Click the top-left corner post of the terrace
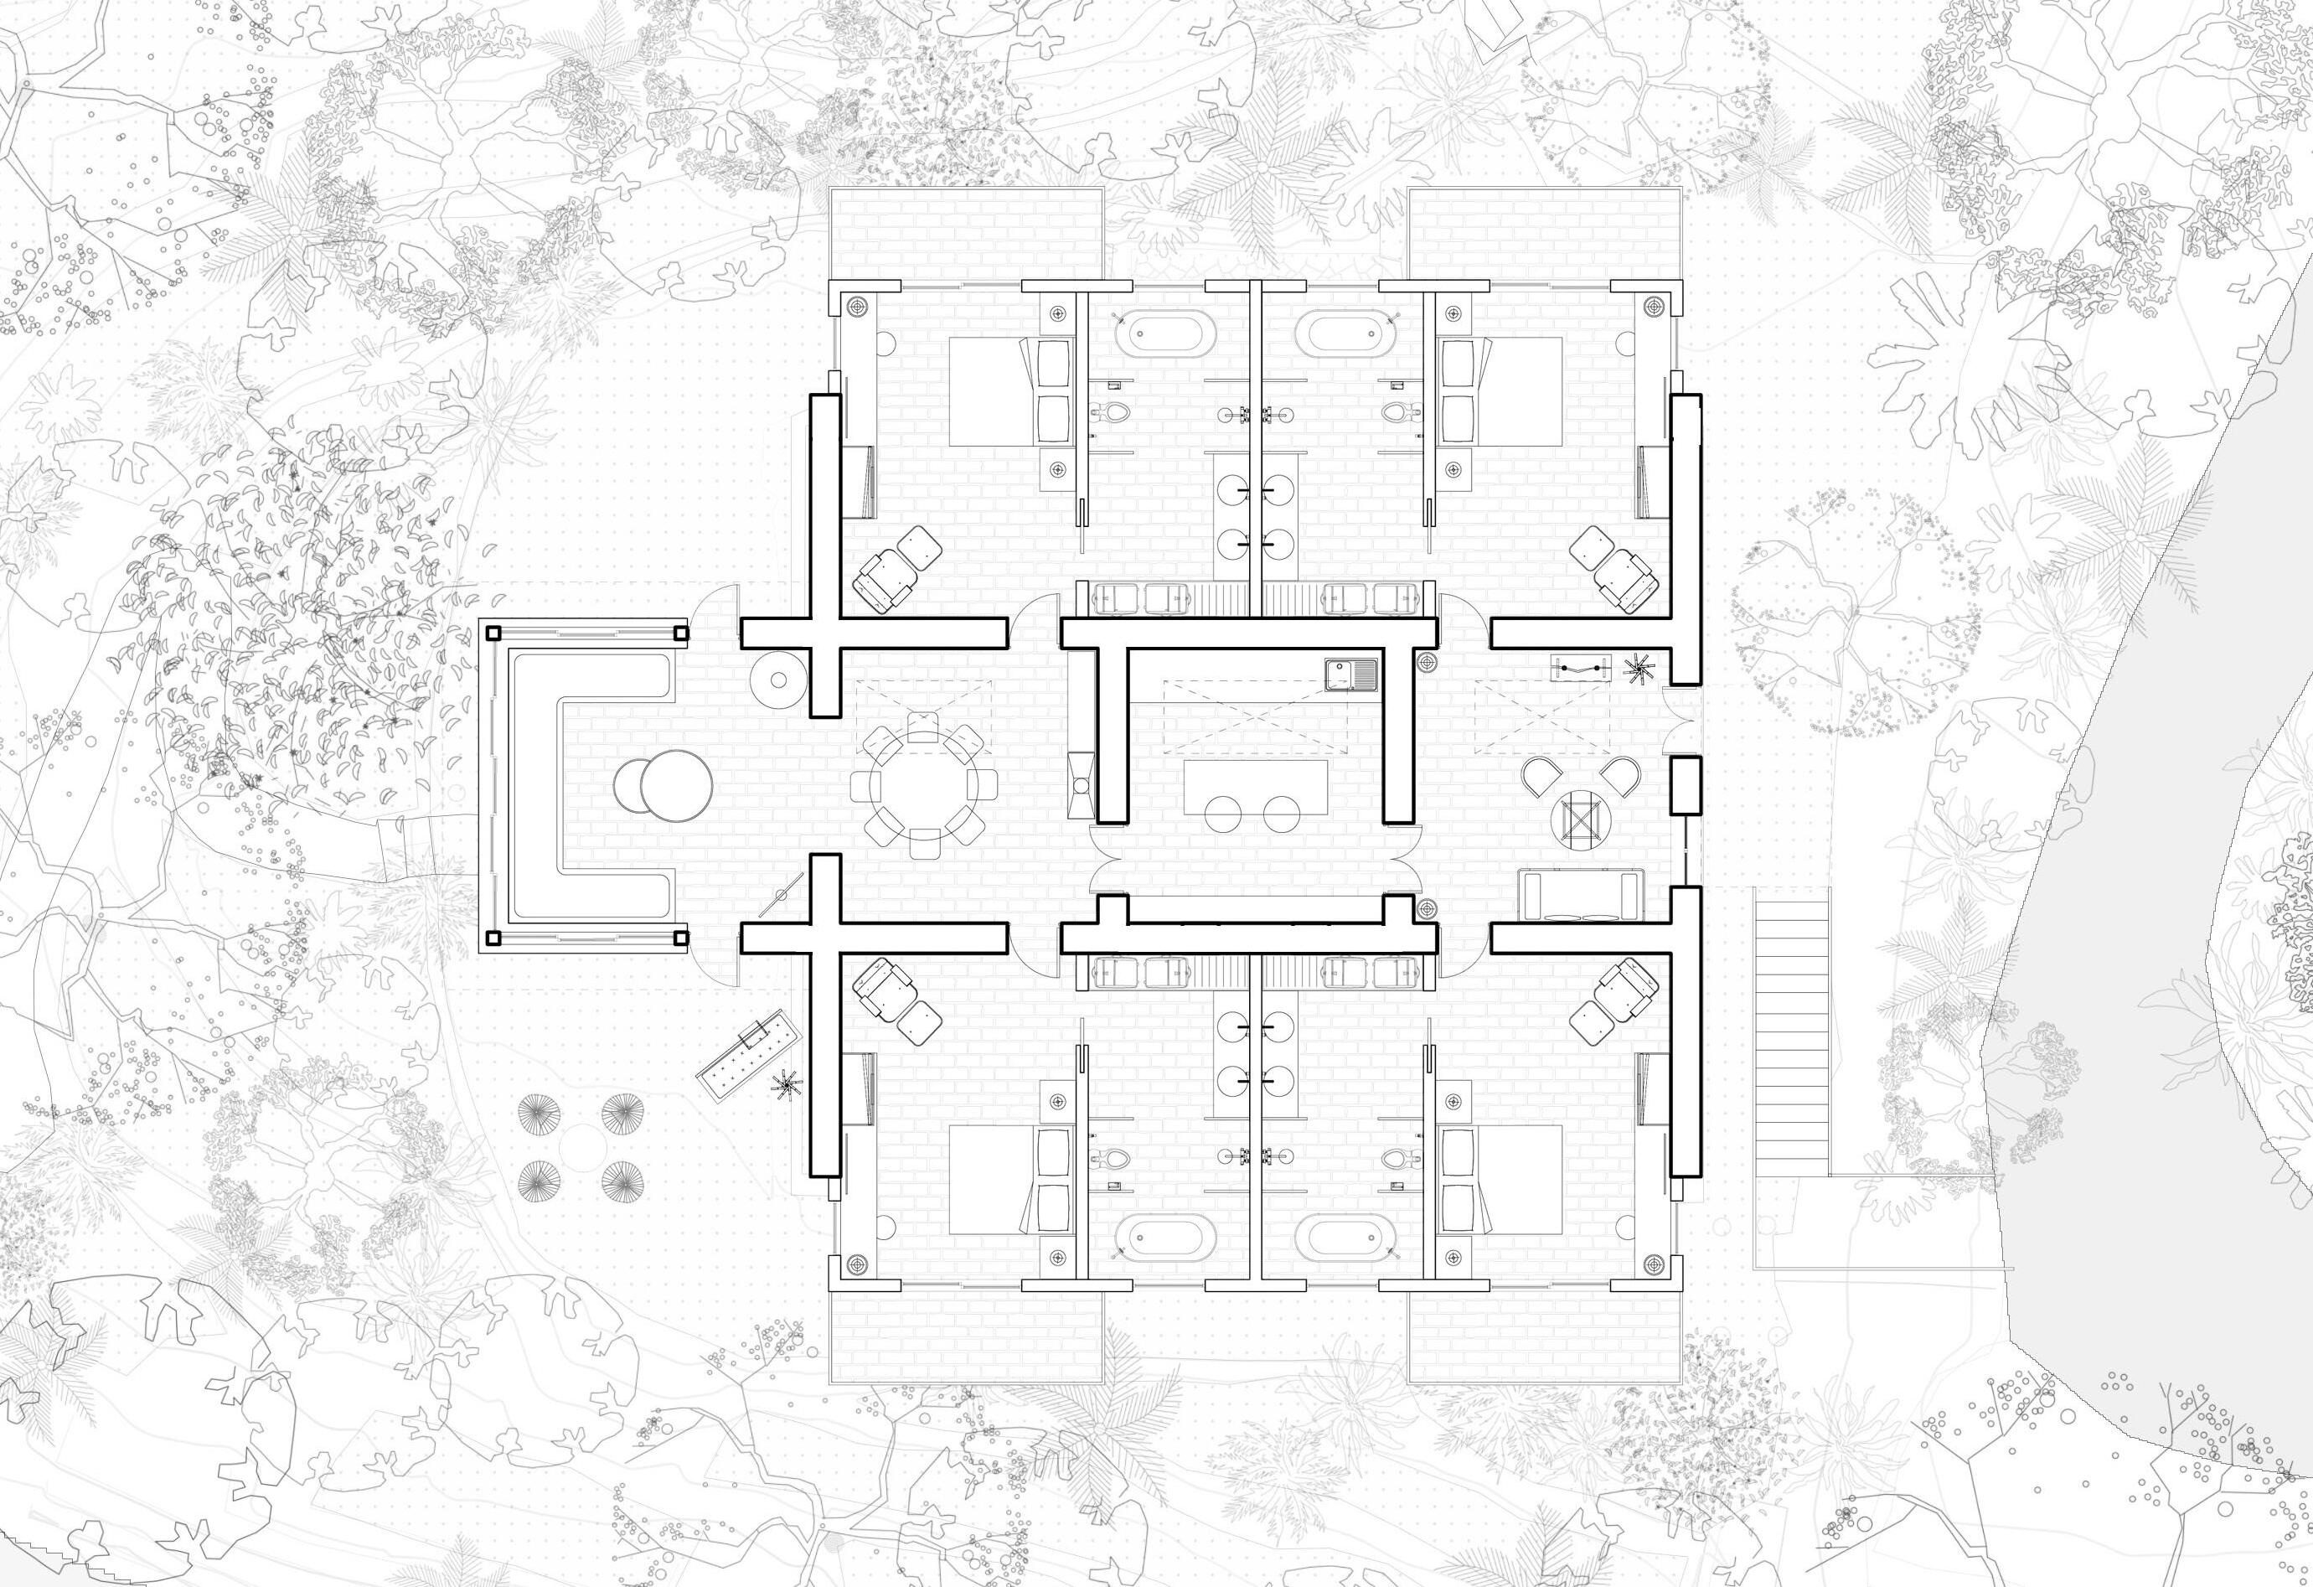coord(492,631)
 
